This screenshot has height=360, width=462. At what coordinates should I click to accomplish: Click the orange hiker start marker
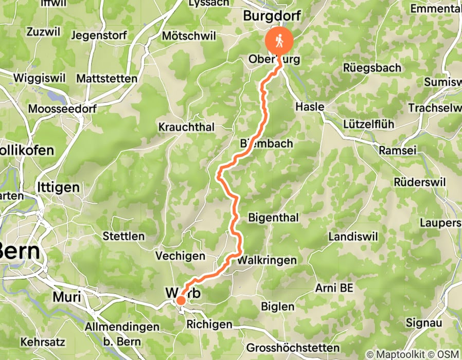tap(278, 41)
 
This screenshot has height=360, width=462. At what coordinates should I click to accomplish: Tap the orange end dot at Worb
tap(181, 300)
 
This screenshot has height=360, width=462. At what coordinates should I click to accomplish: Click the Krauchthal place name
tap(186, 127)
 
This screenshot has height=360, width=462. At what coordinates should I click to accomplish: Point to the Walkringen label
tap(266, 261)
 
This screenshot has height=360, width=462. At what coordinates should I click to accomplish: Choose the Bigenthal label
tap(273, 218)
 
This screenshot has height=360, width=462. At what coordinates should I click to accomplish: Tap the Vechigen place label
tap(180, 256)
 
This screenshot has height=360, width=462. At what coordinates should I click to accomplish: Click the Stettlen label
tap(123, 237)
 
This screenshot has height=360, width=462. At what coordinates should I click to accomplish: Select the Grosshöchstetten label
tap(293, 348)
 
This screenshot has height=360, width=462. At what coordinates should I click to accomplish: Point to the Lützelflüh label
tap(364, 124)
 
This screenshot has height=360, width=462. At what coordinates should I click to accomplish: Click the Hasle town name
tap(310, 107)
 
